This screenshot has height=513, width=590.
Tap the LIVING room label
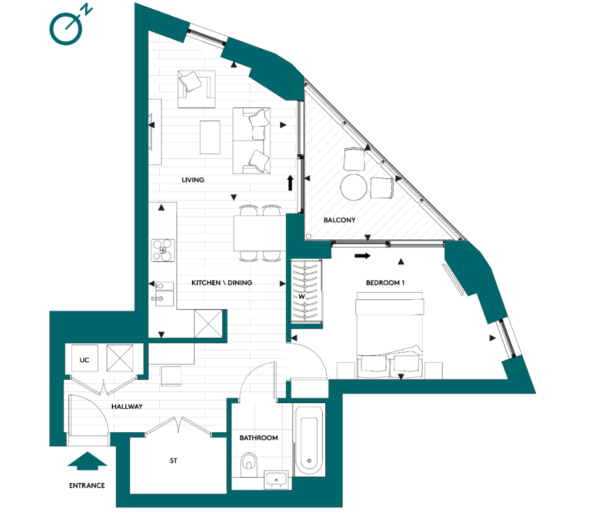pos(193,180)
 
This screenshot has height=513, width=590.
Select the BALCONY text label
pos(339,220)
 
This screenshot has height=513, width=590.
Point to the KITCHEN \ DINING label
pos(222,283)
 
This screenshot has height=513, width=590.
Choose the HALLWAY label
pos(127,407)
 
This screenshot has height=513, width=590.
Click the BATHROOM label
pos(259,438)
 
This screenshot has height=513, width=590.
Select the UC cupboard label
pos(85,359)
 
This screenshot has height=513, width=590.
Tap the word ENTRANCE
pos(87,486)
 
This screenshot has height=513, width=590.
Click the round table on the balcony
pos(354,187)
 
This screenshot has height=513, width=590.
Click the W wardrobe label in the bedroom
pos(301,296)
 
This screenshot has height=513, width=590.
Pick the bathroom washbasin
pos(275,479)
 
